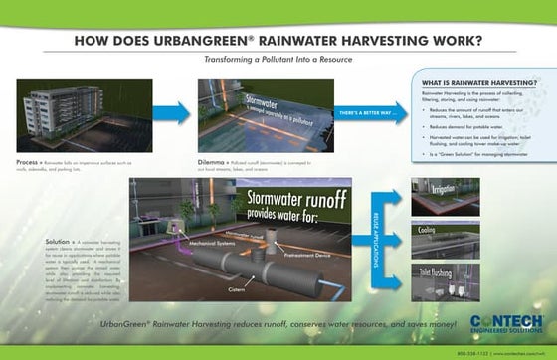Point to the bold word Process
27,160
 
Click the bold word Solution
58,242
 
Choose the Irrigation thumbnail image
446,197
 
